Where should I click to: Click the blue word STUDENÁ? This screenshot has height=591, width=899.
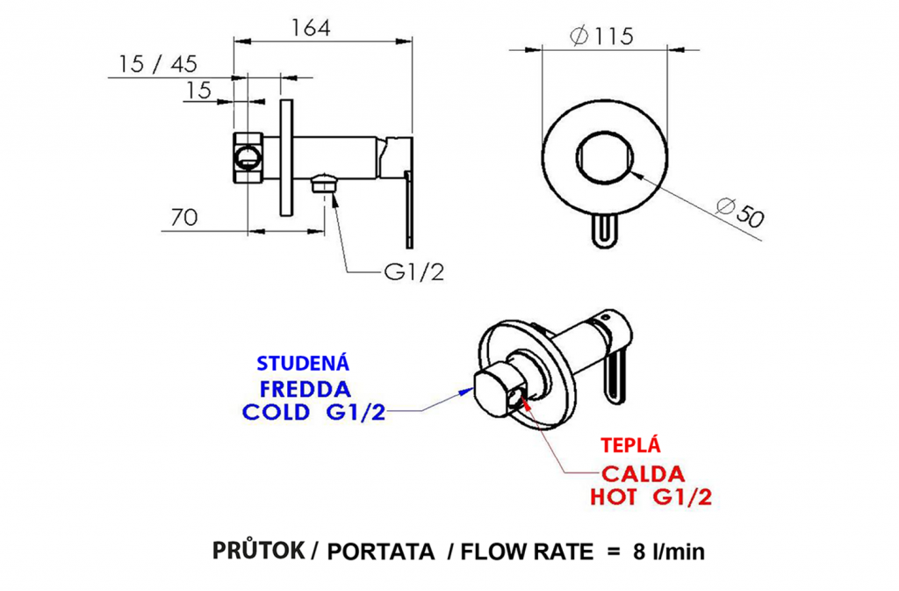pyautogui.click(x=304, y=364)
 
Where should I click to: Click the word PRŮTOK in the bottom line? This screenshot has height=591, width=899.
pyautogui.click(x=258, y=551)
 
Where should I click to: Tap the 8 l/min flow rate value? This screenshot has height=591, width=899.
pyautogui.click(x=668, y=552)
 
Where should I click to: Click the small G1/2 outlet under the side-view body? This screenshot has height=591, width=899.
pyautogui.click(x=325, y=184)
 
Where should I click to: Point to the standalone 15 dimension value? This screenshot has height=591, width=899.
pyautogui.click(x=199, y=90)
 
